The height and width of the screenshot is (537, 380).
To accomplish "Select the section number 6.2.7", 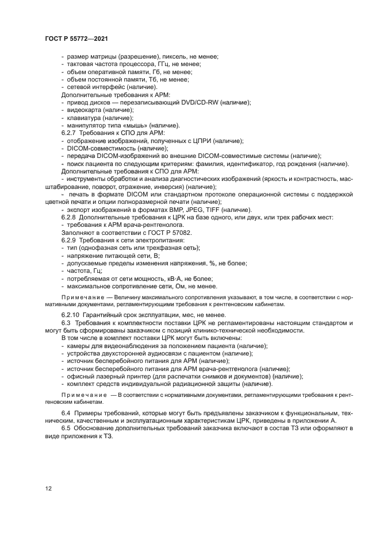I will coord(70,133).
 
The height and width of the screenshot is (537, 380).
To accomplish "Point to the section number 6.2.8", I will coord(70,218).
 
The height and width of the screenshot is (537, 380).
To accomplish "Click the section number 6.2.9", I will coord(70,240).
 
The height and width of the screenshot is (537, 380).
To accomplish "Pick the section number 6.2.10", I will coord(71,315).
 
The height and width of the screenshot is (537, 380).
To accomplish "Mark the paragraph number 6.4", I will coord(66,414).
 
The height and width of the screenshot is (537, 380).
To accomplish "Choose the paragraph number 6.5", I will coord(66,428).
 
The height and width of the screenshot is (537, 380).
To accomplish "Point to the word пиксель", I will coord(164,57).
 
